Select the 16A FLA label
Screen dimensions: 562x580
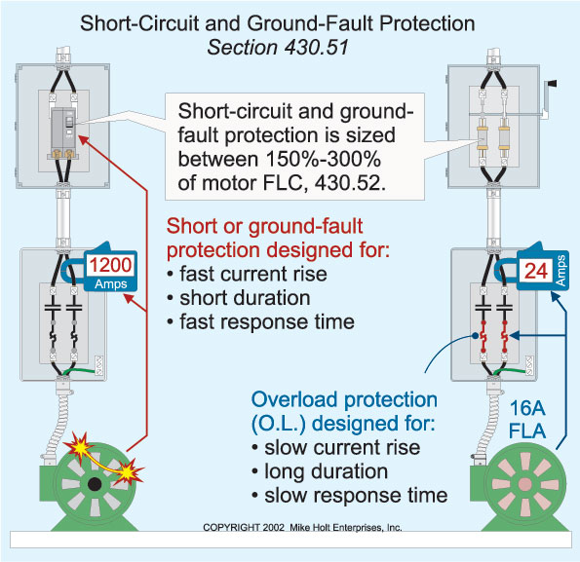click(543, 416)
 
